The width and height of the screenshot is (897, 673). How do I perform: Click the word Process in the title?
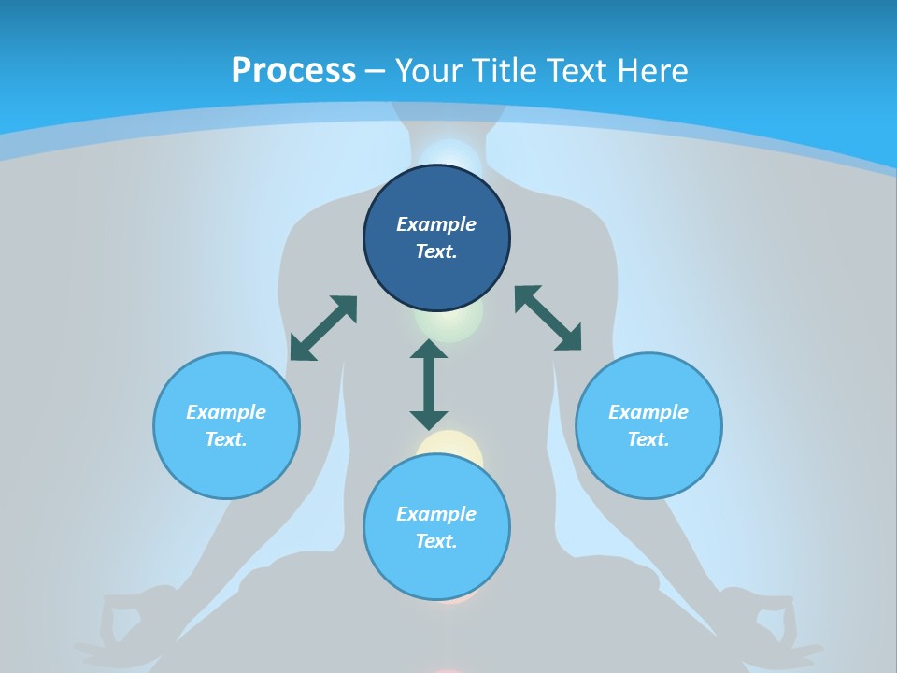(x=293, y=71)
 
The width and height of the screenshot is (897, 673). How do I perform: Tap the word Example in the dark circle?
(x=436, y=224)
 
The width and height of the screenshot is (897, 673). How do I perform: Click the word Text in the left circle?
(x=226, y=439)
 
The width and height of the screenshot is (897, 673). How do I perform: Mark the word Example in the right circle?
(x=648, y=412)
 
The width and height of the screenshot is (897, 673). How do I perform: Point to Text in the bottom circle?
(x=436, y=541)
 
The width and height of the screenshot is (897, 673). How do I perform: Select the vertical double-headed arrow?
(x=429, y=384)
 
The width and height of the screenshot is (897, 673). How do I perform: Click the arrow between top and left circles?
(x=323, y=328)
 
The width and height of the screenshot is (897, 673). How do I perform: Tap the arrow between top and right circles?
(x=548, y=318)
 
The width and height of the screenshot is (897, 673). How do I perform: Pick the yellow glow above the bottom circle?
(x=450, y=444)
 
